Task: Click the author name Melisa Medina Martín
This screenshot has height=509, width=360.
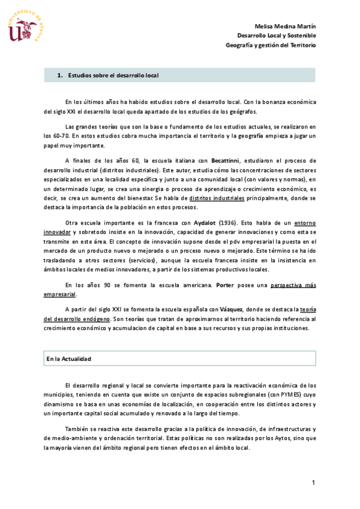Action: click(285, 27)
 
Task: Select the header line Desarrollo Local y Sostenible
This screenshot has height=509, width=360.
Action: click(276, 36)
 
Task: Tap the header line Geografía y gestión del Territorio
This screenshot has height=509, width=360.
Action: click(271, 45)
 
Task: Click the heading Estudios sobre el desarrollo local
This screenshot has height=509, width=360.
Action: click(113, 76)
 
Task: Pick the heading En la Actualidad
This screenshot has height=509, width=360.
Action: click(68, 358)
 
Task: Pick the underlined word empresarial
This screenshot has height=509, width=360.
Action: click(60, 294)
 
